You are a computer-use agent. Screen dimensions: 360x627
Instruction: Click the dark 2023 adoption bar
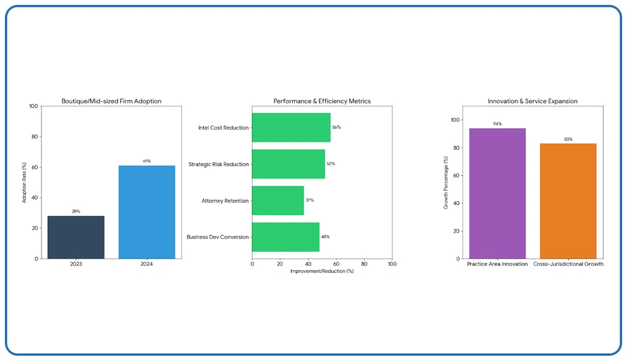tap(76, 237)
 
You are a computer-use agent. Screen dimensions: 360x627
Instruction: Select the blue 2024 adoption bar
tap(147, 212)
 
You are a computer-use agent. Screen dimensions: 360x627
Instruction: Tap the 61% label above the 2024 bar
tap(147, 161)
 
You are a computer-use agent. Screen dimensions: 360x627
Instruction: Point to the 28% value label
tap(76, 211)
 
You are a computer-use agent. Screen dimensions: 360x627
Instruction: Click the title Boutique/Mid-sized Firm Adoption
tap(111, 101)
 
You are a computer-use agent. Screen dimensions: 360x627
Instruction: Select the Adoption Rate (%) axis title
tap(25, 182)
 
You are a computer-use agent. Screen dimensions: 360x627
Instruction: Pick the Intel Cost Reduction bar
tap(291, 128)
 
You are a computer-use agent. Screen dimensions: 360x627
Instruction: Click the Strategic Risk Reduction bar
tap(288, 164)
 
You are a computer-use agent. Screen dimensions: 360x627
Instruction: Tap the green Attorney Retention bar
tap(277, 200)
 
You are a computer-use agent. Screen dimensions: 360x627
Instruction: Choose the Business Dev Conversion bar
tap(285, 237)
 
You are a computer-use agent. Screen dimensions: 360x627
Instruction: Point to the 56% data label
tap(336, 128)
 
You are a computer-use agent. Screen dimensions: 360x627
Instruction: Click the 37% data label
tap(310, 200)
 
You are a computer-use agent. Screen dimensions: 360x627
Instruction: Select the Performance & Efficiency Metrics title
tap(322, 101)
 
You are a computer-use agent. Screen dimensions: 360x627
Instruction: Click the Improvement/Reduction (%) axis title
tap(322, 271)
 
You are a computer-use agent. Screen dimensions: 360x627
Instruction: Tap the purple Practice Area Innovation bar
tap(497, 193)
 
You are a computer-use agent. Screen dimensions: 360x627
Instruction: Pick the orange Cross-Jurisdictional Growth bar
tap(568, 201)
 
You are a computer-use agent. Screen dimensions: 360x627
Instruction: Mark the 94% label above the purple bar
tap(497, 124)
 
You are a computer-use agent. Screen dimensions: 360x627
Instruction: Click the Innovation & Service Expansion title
tap(532, 101)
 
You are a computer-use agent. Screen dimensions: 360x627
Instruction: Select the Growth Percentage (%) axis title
tap(446, 183)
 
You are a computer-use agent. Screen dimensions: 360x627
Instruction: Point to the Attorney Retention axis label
tap(225, 200)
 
